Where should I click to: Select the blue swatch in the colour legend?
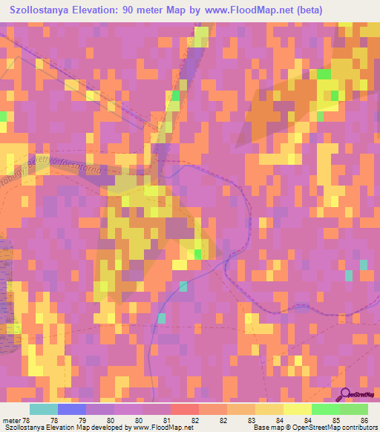coord(72,410)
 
